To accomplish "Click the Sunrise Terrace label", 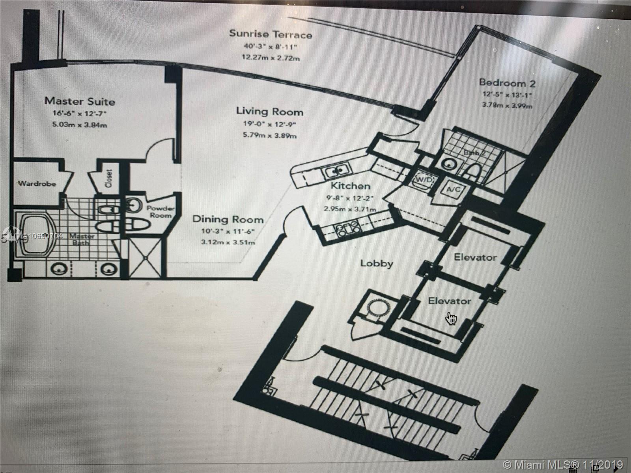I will pyautogui.click(x=271, y=34).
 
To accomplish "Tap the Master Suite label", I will pyautogui.click(x=80, y=101).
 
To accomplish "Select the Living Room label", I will pyautogui.click(x=270, y=111).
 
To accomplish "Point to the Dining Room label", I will pyautogui.click(x=228, y=219).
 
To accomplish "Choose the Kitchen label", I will pyautogui.click(x=350, y=186).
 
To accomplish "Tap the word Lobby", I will pyautogui.click(x=377, y=263).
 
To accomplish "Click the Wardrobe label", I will pyautogui.click(x=37, y=184).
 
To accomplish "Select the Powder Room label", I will pyautogui.click(x=161, y=212).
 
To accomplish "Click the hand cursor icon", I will pyautogui.click(x=450, y=318).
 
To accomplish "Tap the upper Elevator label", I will pyautogui.click(x=475, y=258).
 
